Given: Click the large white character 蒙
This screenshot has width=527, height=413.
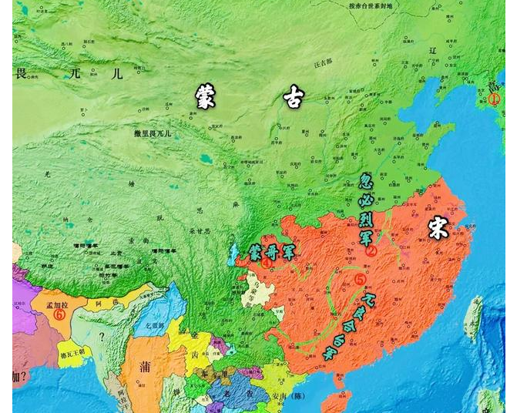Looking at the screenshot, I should pyautogui.click(x=206, y=96).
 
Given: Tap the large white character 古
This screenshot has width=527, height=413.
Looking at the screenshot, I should pyautogui.click(x=293, y=96).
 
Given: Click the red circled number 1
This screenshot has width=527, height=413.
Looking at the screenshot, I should pyautogui.click(x=495, y=99).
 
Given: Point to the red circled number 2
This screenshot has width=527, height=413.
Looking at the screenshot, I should pyautogui.click(x=370, y=250).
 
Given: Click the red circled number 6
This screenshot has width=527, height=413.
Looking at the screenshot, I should pyautogui.click(x=59, y=314).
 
